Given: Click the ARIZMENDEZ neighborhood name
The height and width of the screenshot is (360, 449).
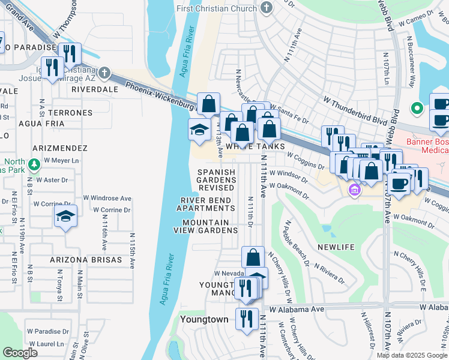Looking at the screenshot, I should pyautogui.click(x=62, y=148).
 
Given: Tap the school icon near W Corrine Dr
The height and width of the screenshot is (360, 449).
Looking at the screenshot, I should pyautogui.click(x=66, y=217).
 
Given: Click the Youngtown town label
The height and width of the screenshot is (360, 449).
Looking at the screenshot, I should pyautogui.click(x=205, y=319).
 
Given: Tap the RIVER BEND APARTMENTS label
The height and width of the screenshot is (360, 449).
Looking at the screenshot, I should pyautogui.click(x=205, y=204).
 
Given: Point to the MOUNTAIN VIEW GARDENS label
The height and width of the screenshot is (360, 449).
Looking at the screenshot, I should pyautogui.click(x=205, y=226).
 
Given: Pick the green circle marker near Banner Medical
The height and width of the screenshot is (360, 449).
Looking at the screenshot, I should pyautogui.click(x=415, y=109).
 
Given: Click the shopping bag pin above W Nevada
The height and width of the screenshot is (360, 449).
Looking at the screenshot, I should pyautogui.click(x=253, y=257).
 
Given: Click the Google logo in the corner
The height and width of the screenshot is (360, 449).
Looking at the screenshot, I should pyautogui.click(x=20, y=353).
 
